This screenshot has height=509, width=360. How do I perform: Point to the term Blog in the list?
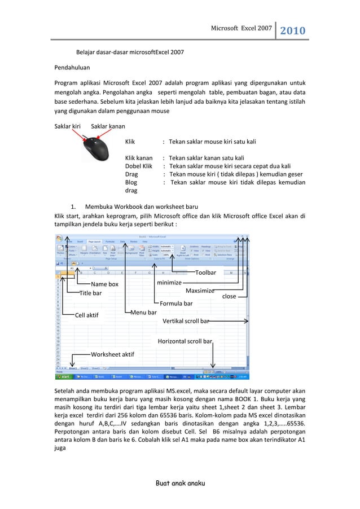[131, 183]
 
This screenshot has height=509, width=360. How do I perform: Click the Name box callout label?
[105, 284]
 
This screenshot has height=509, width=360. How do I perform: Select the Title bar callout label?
[90, 293]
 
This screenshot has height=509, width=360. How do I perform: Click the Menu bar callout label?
[144, 312]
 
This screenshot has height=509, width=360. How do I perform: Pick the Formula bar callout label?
[176, 304]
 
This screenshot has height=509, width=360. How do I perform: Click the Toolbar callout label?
[206, 273]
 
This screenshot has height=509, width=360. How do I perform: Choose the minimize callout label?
[169, 282]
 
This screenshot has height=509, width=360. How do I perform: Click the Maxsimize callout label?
[200, 291]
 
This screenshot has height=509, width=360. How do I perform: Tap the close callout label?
[229, 296]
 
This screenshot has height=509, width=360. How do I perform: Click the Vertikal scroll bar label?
[186, 321]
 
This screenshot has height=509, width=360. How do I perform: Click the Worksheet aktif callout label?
[112, 354]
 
